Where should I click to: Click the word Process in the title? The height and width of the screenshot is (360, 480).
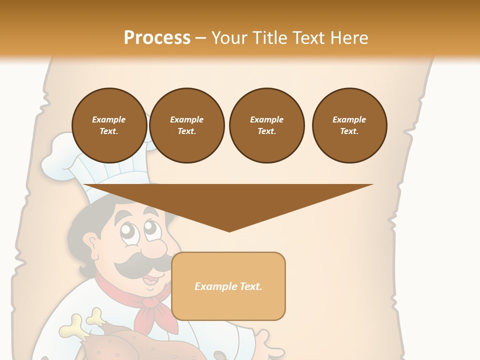point(157,38)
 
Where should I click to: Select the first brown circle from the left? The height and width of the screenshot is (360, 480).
point(109,125)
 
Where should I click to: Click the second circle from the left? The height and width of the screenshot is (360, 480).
point(186,125)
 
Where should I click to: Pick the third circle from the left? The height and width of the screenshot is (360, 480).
point(266,125)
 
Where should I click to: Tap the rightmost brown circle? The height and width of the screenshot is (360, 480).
point(349,125)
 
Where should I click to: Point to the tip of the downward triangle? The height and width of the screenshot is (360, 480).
point(229,230)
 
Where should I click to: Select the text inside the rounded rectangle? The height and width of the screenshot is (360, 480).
point(228,286)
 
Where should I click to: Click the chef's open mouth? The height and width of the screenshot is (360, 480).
point(150,281)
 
